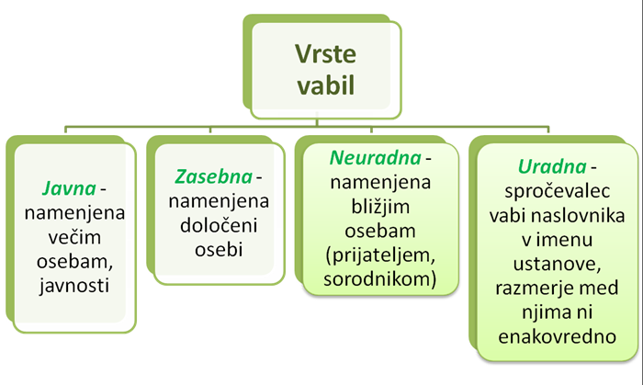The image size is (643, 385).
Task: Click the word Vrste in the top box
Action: (325, 54)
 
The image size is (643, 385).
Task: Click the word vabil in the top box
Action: (325, 85)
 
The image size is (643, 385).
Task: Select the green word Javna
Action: (69, 189)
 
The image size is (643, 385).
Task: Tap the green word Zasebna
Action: (213, 176)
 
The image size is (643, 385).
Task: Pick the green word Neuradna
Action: (375, 158)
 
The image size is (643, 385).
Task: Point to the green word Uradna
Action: (552, 166)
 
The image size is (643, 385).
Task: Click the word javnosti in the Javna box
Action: (74, 286)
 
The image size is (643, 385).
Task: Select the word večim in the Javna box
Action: (74, 237)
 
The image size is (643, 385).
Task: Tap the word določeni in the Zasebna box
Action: (219, 225)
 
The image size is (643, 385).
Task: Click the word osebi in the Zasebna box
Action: (219, 250)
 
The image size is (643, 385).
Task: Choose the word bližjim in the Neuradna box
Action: (380, 207)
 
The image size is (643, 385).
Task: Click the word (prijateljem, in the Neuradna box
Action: (380, 255)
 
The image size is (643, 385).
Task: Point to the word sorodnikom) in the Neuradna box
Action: (380, 279)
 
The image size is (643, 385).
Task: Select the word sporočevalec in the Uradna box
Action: (558, 191)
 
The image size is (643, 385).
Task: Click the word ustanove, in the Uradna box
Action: (558, 264)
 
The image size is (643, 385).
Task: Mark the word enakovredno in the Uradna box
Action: (558, 336)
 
